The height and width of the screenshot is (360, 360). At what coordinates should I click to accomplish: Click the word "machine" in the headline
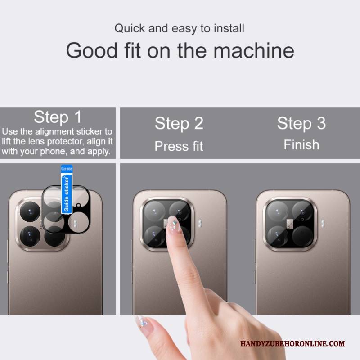254,50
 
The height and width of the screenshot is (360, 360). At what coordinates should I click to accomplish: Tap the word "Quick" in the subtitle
130,28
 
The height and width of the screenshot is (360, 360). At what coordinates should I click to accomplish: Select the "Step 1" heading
58,117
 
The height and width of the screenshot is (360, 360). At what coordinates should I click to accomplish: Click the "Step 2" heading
179,124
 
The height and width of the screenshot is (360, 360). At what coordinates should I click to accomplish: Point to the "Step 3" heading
301,124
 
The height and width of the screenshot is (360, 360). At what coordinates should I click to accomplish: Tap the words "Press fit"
179,146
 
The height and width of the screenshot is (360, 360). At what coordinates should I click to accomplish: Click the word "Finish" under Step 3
301,145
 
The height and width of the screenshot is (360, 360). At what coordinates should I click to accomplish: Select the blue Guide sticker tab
67,189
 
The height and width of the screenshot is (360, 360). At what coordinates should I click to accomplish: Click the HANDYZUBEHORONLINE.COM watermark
292,343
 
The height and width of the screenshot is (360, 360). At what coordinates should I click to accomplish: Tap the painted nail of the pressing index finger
174,224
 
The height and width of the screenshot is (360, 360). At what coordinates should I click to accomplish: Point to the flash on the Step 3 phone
323,223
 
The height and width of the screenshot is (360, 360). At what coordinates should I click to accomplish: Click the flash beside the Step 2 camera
200,223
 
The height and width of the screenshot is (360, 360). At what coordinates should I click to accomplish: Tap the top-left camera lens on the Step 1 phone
30,211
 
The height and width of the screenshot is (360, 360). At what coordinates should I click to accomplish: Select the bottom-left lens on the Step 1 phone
30,236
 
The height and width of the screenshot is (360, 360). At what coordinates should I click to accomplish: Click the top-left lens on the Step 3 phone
278,211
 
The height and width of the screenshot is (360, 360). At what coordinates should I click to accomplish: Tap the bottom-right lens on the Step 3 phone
302,236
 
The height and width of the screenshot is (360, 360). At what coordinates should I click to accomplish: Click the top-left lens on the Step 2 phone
154,211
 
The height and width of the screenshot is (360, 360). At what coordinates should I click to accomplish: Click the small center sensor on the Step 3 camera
290,224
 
